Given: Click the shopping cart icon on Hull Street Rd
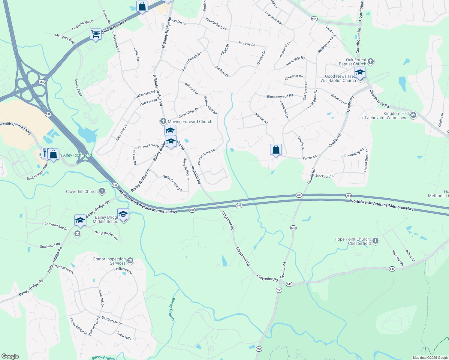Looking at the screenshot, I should [x=95, y=34].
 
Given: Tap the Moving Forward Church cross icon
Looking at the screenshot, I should [x=163, y=121].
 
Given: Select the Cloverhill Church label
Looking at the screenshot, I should [x=82, y=191].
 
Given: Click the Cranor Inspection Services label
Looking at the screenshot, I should [x=109, y=261].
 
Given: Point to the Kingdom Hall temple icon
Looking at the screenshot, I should [x=413, y=115].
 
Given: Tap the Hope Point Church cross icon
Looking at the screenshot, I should [x=375, y=241].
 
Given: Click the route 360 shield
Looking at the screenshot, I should [x=42, y=82].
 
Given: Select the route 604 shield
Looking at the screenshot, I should [x=314, y=19].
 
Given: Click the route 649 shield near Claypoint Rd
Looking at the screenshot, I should [x=289, y=284].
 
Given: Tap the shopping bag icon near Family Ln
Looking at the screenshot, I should [x=276, y=149].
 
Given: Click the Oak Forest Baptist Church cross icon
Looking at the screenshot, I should [x=371, y=62].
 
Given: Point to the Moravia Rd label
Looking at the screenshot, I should [x=247, y=44].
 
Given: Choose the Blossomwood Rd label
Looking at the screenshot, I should [x=280, y=97].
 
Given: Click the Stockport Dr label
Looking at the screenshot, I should [x=324, y=176].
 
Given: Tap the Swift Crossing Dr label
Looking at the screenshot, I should [x=173, y=184].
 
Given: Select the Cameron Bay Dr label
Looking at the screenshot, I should [x=56, y=226].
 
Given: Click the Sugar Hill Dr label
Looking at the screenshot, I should [x=125, y=336].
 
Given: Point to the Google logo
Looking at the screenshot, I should [x=10, y=356].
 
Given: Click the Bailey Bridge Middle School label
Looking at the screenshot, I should [x=106, y=219].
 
